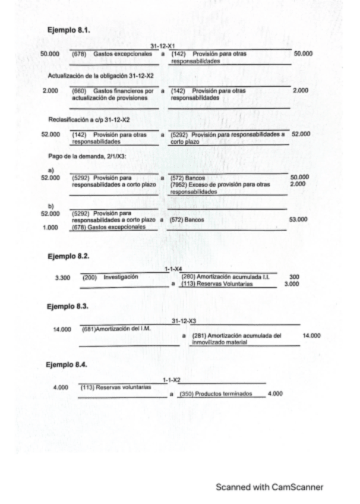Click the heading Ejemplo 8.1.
click(69, 29)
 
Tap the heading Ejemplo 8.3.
click(68, 307)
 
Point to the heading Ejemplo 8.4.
click(68, 364)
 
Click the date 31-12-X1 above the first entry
click(162, 46)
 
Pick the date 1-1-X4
click(173, 269)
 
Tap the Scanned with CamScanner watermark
click(269, 487)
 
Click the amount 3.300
click(62, 278)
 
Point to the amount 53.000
click(298, 220)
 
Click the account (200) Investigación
click(110, 277)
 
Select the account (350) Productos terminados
click(216, 393)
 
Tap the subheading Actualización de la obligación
click(101, 76)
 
